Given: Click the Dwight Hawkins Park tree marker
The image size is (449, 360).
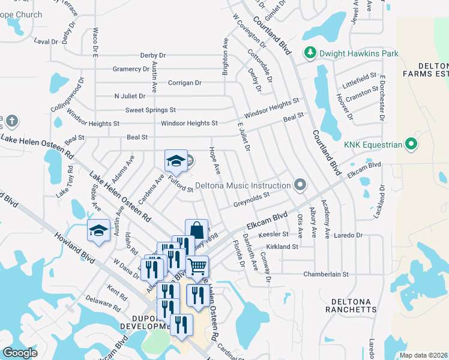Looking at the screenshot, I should point(310,53).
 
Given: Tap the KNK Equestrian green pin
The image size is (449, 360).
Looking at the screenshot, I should point(411,144).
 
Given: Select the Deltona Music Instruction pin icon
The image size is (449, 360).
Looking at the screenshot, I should point(300,184).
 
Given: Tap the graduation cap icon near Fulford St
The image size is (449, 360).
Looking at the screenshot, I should point(176,160).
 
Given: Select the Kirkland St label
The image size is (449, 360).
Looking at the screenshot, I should point(282,247).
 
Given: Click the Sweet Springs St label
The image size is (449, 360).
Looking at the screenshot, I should point(150,110).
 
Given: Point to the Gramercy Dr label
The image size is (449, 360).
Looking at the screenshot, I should point(130,69).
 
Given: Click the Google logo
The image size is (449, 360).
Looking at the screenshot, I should point(20,353).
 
